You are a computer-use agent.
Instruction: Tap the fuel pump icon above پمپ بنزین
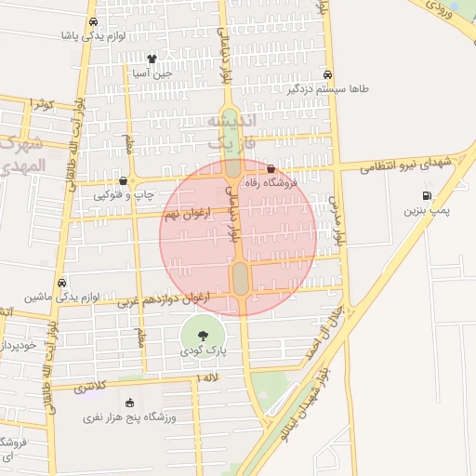(x=427, y=195)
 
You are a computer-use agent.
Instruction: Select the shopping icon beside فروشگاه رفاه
(x=271, y=169)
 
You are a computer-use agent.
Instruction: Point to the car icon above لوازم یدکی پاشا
(x=92, y=22)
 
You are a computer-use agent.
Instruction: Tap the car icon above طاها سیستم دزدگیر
(x=326, y=74)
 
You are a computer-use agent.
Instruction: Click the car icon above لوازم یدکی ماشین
(x=61, y=283)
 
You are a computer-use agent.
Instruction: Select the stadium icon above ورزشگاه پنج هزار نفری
(x=128, y=403)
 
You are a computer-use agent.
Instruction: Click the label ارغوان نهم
(x=182, y=214)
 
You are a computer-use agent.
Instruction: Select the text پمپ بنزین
(x=426, y=211)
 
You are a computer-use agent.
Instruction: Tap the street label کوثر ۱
(x=43, y=102)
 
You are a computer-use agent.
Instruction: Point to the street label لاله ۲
(x=211, y=377)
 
